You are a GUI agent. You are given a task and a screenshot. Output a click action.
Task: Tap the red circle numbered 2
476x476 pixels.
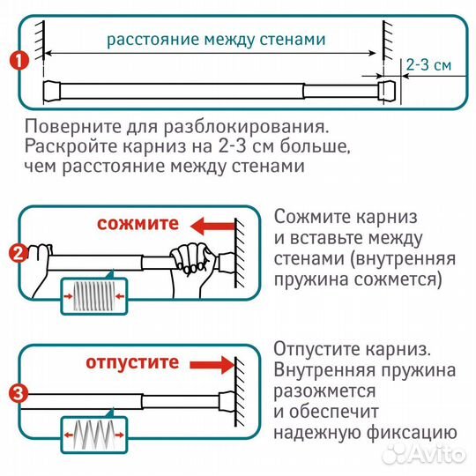pos(16,255)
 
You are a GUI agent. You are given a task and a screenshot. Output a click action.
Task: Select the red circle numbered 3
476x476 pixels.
pos(16,392)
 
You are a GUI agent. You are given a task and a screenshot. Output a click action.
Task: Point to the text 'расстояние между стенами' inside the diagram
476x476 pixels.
pos(216,39)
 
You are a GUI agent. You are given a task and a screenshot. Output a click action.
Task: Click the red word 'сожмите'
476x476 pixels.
pos(137,224)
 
